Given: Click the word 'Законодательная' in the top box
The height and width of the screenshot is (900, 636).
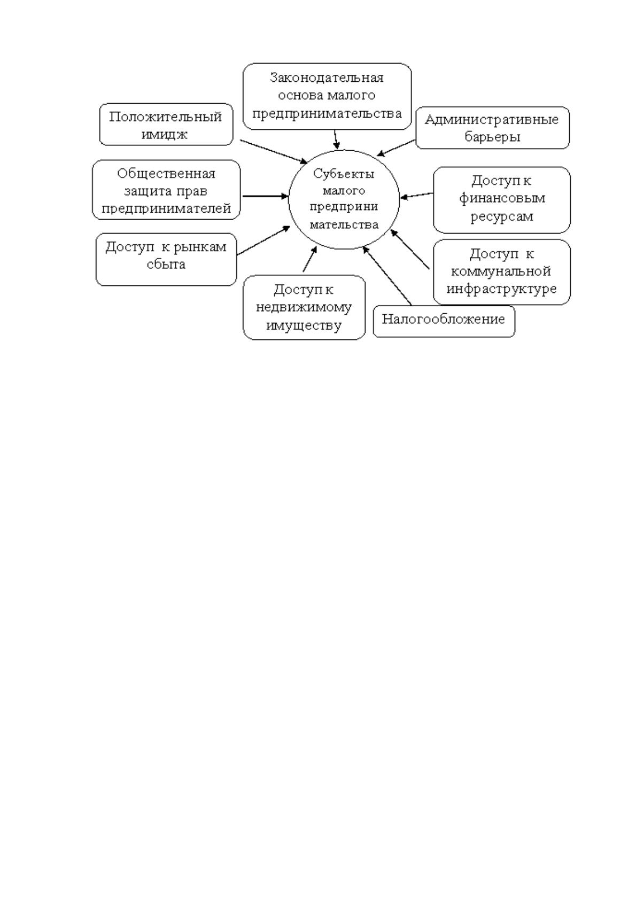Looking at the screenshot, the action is click(327, 77).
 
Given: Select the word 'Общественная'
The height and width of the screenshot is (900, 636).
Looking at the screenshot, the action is click(166, 174).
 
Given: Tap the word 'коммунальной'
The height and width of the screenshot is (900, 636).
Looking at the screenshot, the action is click(501, 271).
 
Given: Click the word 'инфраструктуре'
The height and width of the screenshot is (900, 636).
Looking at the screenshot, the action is click(501, 289).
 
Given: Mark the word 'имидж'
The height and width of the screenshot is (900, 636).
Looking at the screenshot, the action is click(164, 134).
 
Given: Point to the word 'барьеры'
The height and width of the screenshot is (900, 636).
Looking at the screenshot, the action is click(492, 137).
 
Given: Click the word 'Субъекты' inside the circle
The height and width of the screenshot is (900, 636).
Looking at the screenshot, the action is click(344, 174).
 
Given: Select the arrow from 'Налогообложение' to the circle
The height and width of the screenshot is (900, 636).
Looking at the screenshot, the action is click(387, 276).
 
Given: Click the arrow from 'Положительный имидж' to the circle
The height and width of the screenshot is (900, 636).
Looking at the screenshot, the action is click(274, 151).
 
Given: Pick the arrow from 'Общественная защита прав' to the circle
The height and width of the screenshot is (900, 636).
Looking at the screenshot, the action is click(266, 197).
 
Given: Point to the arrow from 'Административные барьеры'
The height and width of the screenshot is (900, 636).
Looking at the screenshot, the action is click(395, 148).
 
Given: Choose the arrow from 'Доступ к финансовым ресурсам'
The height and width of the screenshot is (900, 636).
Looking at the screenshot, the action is click(417, 196).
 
